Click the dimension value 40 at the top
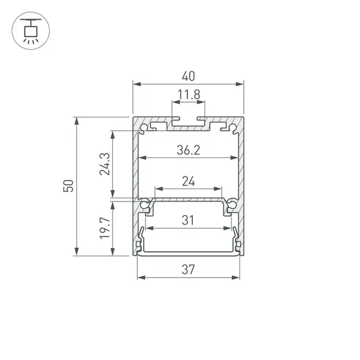(x=189, y=77)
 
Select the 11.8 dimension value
(x=189, y=95)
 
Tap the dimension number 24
(x=189, y=181)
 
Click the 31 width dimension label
(x=189, y=220)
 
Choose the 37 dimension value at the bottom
(x=189, y=268)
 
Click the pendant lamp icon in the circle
(x=29, y=29)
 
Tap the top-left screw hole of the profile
(x=144, y=128)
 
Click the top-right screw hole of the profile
(x=233, y=128)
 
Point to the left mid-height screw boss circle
(x=145, y=205)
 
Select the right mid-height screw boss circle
(x=232, y=205)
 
